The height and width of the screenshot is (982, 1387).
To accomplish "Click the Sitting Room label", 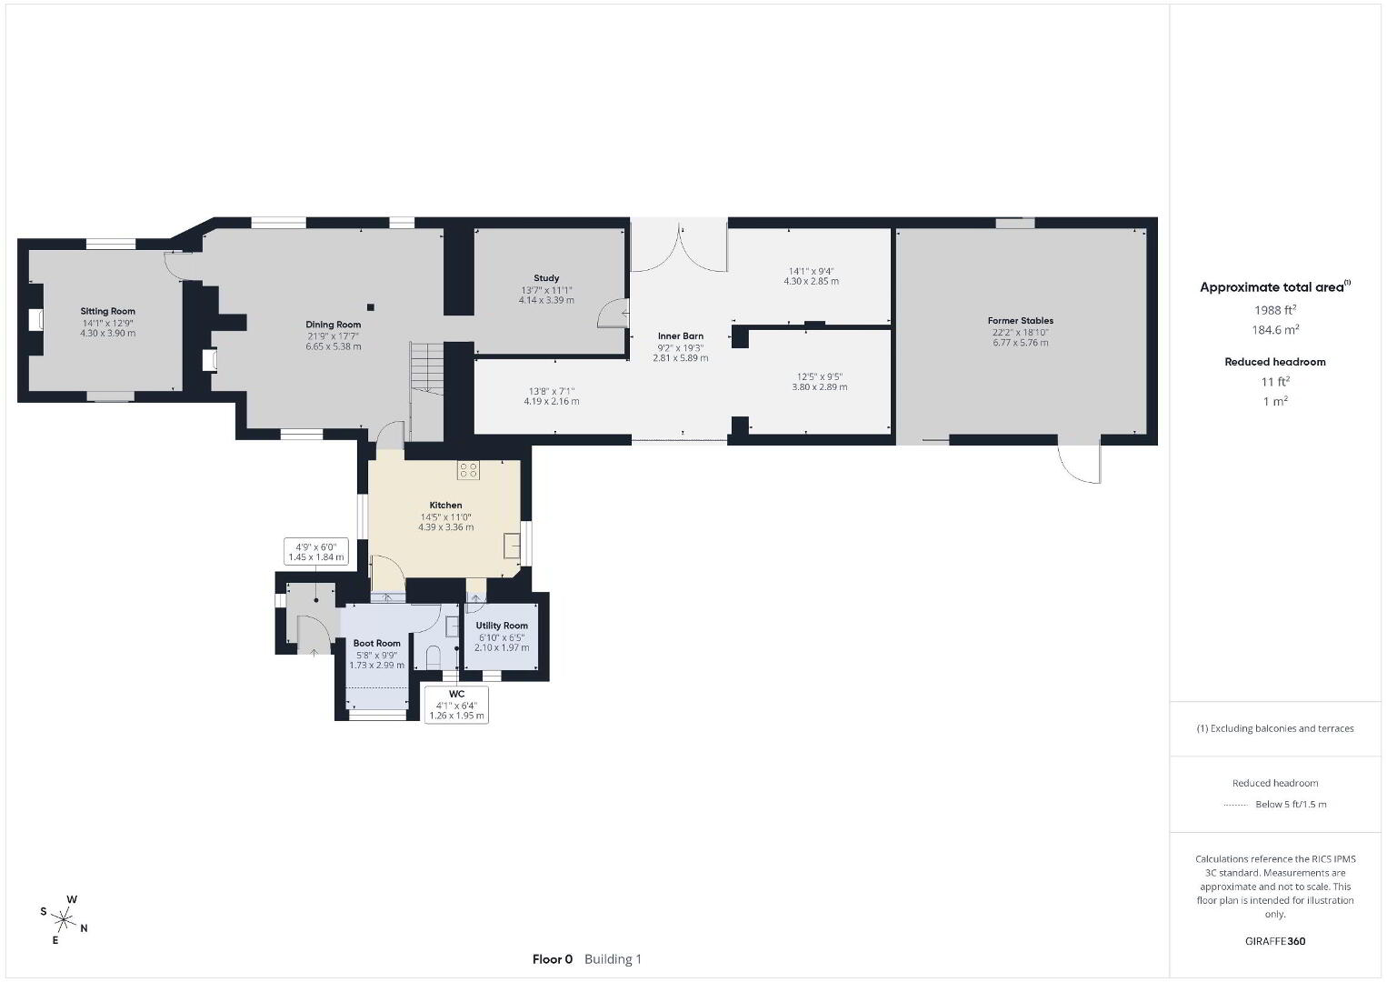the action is (108, 311).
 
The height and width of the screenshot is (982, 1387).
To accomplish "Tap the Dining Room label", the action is (334, 325).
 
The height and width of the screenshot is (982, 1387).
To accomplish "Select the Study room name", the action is (546, 278).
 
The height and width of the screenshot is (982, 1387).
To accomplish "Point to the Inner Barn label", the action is (681, 336).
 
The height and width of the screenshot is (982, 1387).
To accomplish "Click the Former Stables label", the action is (1021, 320).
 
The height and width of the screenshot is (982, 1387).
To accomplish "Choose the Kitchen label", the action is (445, 505).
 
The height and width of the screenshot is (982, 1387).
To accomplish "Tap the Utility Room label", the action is (502, 626).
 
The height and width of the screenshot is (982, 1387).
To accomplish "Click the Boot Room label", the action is (376, 643).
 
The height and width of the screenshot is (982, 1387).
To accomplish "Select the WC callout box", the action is (456, 705).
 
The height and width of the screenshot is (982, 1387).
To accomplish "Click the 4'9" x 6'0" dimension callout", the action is (315, 552).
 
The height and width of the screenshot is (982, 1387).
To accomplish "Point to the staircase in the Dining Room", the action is (426, 368).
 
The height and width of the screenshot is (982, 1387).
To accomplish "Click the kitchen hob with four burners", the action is (468, 470).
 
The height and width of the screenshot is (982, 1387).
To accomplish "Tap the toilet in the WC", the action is (434, 657).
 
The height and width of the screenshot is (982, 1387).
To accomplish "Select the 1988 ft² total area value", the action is (1275, 310).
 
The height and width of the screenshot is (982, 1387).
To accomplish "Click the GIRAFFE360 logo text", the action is (1275, 941).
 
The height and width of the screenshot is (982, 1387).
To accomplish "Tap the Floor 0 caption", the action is (553, 959).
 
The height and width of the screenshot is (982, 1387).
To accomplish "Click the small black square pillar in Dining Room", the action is (371, 307).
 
